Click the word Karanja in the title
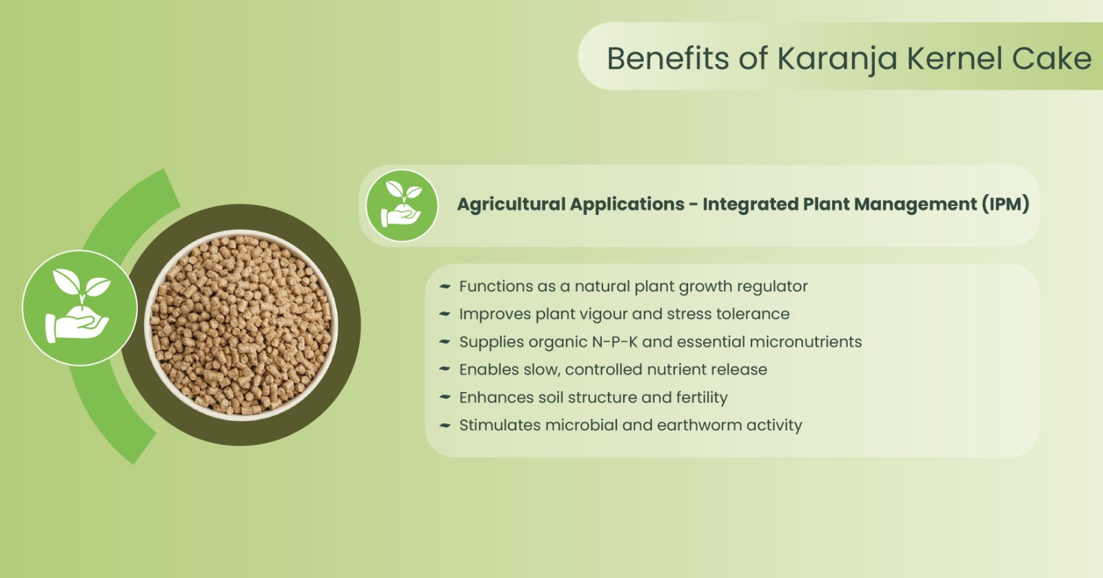tap(837, 60)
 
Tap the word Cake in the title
tap(1052, 59)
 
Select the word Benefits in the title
tap(668, 59)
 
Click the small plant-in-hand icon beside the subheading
tap(402, 205)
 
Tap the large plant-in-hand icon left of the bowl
tap(80, 308)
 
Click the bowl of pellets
tap(241, 325)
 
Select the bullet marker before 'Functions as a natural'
tap(445, 287)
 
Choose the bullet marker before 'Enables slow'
tap(445, 369)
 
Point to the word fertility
tap(702, 398)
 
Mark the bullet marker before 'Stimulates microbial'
tap(445, 425)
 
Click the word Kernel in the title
tap(955, 59)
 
